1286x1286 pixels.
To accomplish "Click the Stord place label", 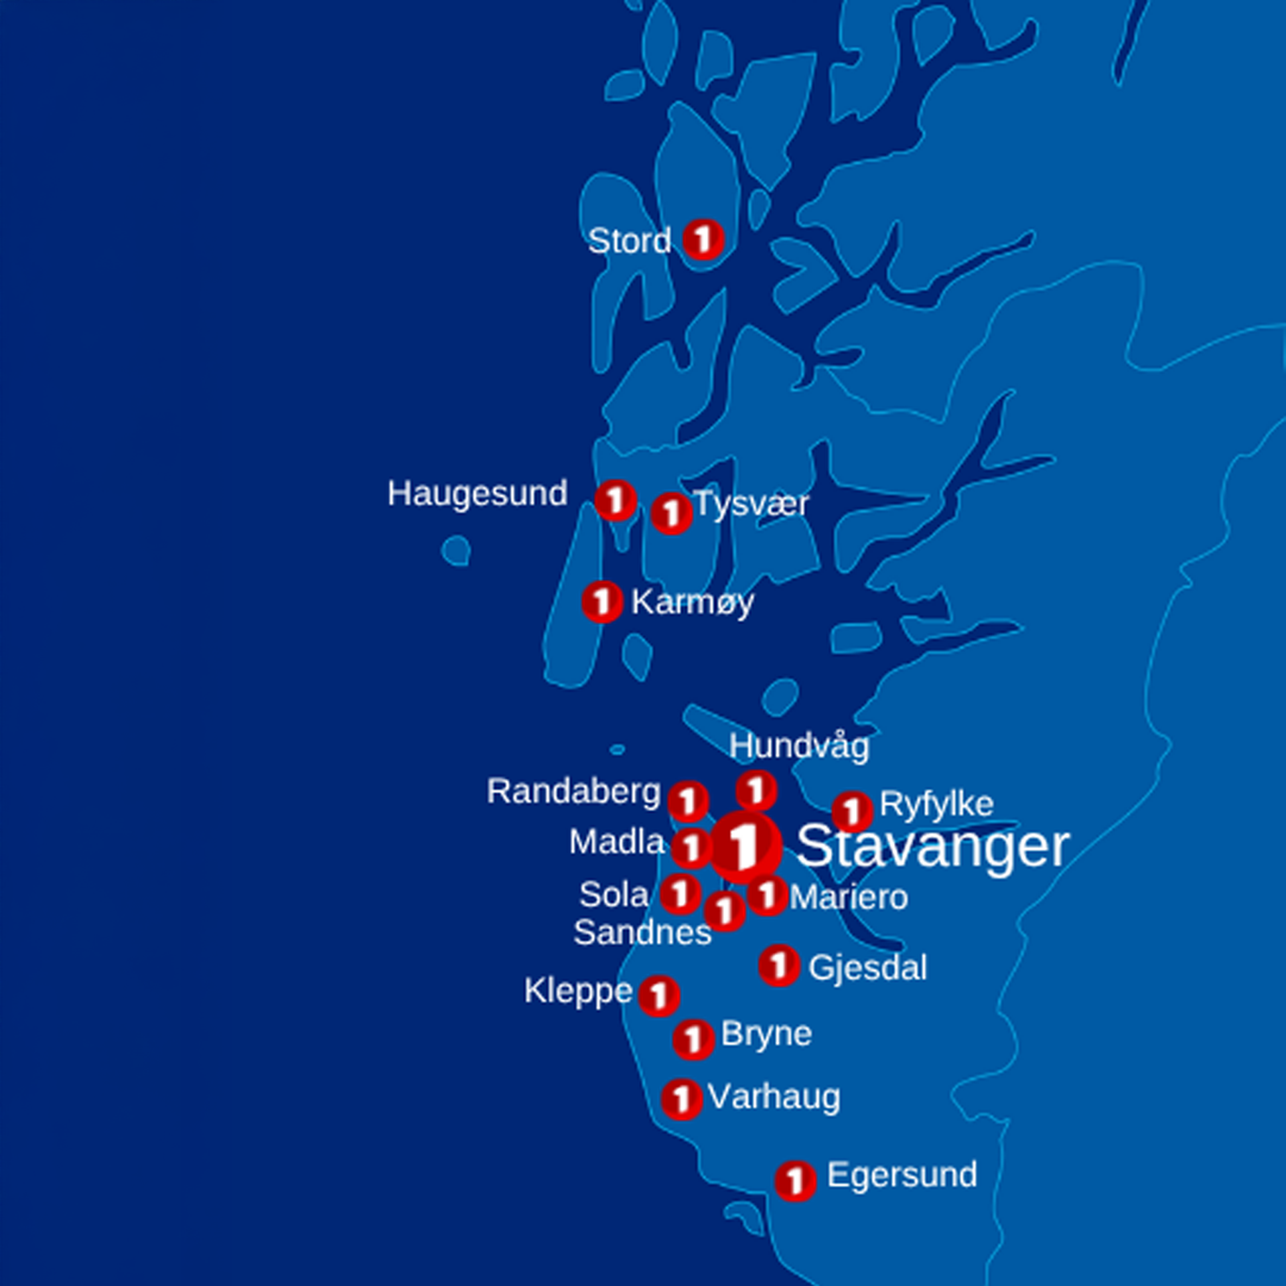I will [629, 241].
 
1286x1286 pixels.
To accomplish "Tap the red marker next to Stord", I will [703, 239].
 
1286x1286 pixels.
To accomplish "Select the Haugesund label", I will [477, 494].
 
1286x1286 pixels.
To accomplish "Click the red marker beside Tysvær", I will [671, 514].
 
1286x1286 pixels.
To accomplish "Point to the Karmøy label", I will [692, 602].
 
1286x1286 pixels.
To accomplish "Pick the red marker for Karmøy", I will [602, 601].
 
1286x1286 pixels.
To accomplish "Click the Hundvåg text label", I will [799, 746].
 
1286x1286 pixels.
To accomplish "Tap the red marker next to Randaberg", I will [688, 801].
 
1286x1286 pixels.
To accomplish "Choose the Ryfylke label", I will [936, 804].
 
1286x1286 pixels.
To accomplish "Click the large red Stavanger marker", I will [745, 847].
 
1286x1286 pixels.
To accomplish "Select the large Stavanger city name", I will [932, 847].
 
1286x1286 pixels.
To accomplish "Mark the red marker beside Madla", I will [691, 849].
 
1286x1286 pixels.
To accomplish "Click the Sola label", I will [614, 895].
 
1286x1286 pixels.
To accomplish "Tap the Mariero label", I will [849, 898].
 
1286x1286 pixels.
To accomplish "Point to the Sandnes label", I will [642, 932].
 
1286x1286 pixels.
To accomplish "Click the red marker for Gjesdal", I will [779, 965].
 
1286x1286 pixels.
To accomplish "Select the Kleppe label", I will [578, 991].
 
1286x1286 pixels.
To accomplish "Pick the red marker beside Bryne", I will [693, 1040].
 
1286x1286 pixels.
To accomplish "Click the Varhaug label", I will [774, 1097].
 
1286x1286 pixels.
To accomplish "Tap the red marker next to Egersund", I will [795, 1181].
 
